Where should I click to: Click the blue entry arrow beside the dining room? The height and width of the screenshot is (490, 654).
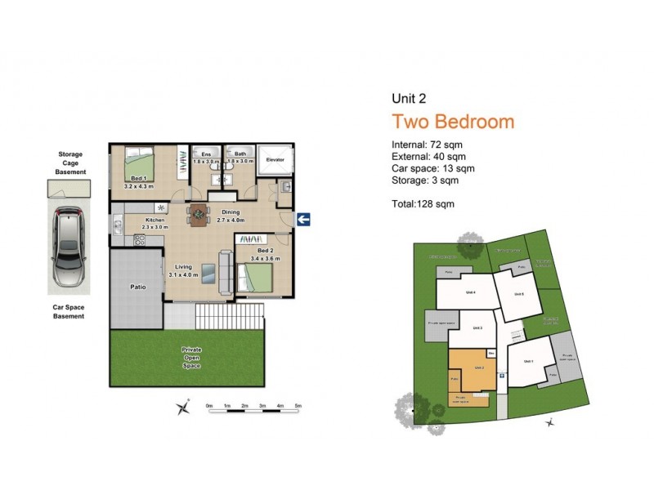tap(302, 218)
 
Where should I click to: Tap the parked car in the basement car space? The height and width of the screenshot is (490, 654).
tap(69, 248)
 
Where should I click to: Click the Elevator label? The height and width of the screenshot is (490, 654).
tap(275, 159)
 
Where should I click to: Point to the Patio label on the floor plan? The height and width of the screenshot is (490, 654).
tap(137, 287)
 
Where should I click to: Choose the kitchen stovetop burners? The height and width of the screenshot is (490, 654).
tap(139, 240)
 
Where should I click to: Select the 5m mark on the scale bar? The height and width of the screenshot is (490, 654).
tap(298, 405)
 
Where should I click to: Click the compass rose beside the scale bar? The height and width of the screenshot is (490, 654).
tap(186, 407)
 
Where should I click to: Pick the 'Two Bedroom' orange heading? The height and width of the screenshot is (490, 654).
tap(453, 122)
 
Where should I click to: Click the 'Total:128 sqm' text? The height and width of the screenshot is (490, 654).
tap(423, 203)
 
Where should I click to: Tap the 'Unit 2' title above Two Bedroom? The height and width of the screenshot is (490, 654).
tap(409, 99)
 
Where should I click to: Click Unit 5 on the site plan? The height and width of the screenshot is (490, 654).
tap(518, 295)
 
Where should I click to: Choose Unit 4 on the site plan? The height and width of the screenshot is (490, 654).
tap(471, 292)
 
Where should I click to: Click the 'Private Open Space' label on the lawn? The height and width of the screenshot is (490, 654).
tap(192, 358)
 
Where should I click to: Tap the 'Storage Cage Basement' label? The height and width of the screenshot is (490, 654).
tap(70, 163)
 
